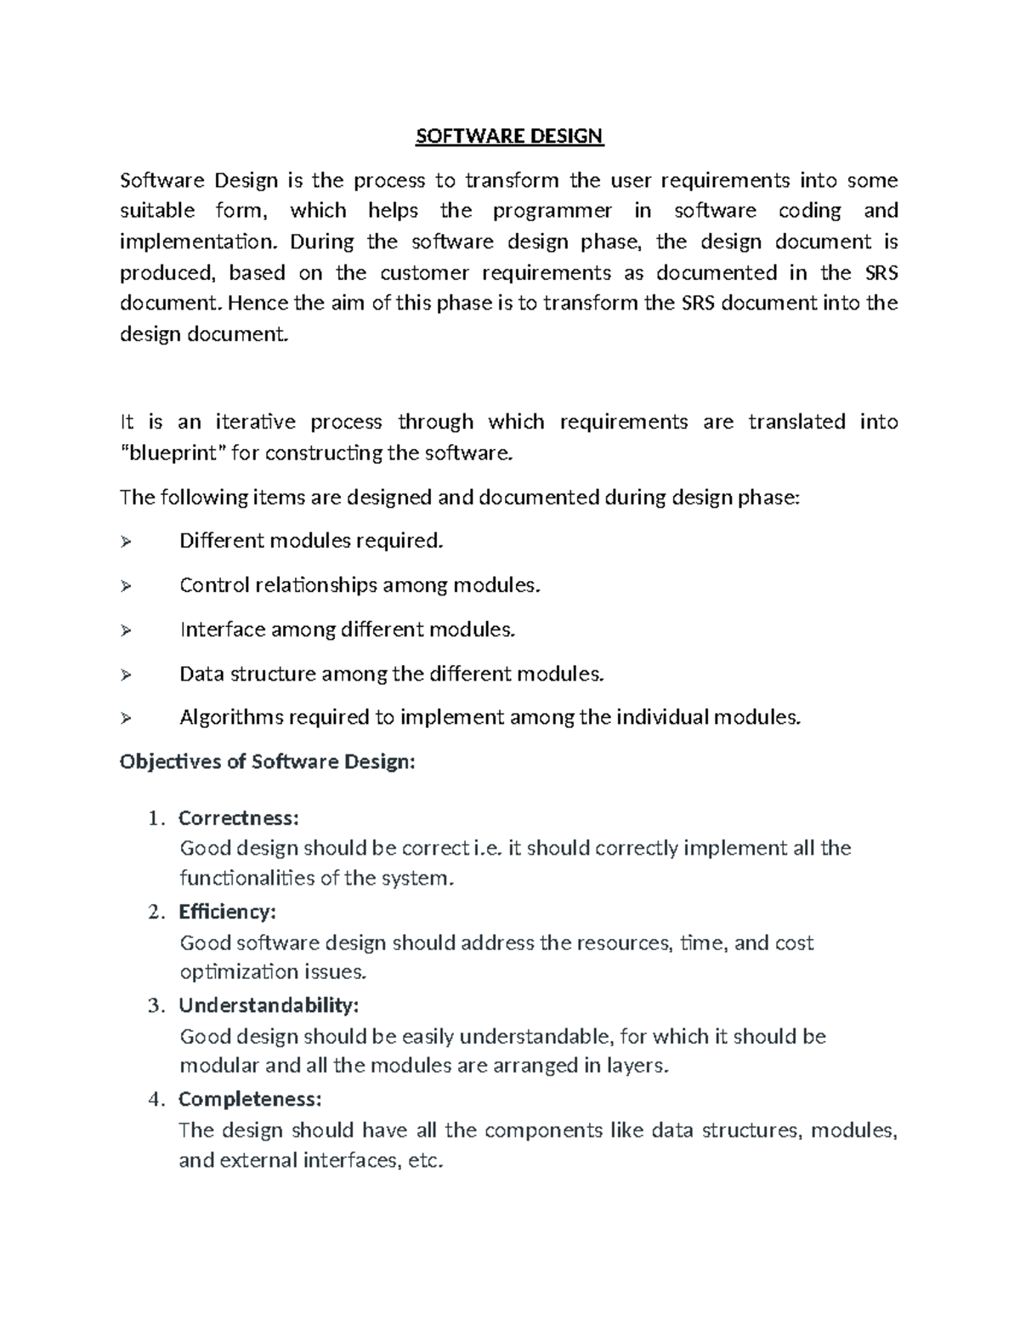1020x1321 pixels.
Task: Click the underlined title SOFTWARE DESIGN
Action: [x=509, y=136]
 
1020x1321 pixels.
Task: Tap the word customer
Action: [x=424, y=273]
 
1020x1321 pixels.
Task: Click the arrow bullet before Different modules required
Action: [x=127, y=542]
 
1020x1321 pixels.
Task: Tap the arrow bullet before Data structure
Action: [x=127, y=675]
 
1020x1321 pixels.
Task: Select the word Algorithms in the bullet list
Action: [x=231, y=718]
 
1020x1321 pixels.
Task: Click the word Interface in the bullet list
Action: [x=222, y=630]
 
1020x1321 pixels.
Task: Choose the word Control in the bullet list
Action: [x=211, y=586]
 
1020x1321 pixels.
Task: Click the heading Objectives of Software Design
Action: [x=268, y=761]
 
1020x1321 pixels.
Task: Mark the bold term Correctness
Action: [x=238, y=818]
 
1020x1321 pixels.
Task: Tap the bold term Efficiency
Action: [x=227, y=912]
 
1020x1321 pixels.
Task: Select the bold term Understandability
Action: [x=269, y=1005]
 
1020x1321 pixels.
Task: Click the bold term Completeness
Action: [x=250, y=1099]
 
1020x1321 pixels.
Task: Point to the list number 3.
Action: [x=154, y=1006]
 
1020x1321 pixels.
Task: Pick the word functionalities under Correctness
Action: [x=247, y=879]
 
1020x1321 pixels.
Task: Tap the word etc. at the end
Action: [x=426, y=1161]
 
